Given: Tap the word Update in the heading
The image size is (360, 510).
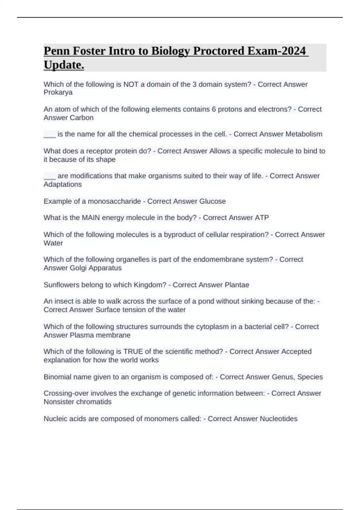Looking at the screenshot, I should click(64, 65).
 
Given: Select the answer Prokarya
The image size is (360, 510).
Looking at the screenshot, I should click(58, 92).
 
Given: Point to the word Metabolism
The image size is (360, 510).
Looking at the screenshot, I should click(304, 134).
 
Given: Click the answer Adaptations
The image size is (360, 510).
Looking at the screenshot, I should click(62, 184).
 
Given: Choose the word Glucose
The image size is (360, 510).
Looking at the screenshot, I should click(212, 201).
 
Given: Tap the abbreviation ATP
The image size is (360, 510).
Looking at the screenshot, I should click(262, 217).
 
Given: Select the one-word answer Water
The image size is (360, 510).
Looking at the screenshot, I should click(53, 243).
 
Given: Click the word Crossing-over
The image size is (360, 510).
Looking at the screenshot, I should click(66, 393).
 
